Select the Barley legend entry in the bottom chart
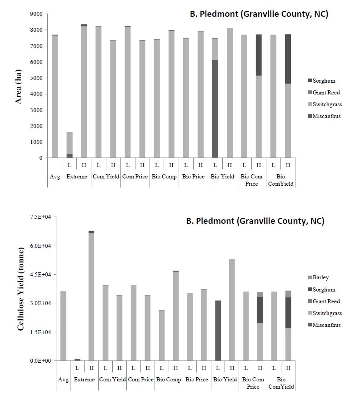point(320,277)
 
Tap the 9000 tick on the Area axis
point(36,14)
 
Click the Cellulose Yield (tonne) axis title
point(20,289)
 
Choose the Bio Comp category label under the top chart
point(164,177)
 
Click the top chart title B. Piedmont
point(259,14)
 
